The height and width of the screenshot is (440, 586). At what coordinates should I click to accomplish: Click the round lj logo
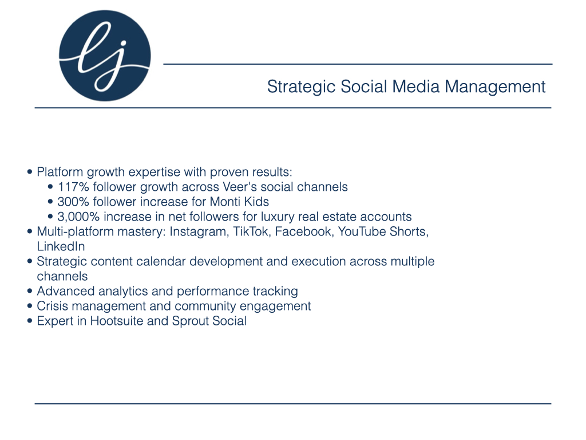coord(105,56)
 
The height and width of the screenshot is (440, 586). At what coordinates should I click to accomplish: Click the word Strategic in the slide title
coord(301,87)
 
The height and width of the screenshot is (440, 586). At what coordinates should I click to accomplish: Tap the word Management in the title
coord(495,87)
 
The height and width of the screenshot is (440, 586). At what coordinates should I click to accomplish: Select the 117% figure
coord(73,187)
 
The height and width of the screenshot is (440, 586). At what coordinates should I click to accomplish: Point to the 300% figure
coord(73,202)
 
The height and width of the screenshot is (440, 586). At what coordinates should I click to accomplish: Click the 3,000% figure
coord(78,217)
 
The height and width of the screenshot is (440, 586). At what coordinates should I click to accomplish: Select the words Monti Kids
coord(239,202)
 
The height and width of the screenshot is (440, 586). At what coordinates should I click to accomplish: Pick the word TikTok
coord(251,231)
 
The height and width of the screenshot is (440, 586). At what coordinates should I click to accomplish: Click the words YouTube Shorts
coord(383,231)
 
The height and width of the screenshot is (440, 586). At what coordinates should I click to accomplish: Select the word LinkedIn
coord(61,246)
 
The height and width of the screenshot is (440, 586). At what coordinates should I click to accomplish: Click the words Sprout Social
coord(209,321)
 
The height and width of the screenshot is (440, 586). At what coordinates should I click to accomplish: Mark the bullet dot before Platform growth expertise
coord(30,172)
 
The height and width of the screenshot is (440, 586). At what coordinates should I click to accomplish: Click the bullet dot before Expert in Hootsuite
coord(30,321)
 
